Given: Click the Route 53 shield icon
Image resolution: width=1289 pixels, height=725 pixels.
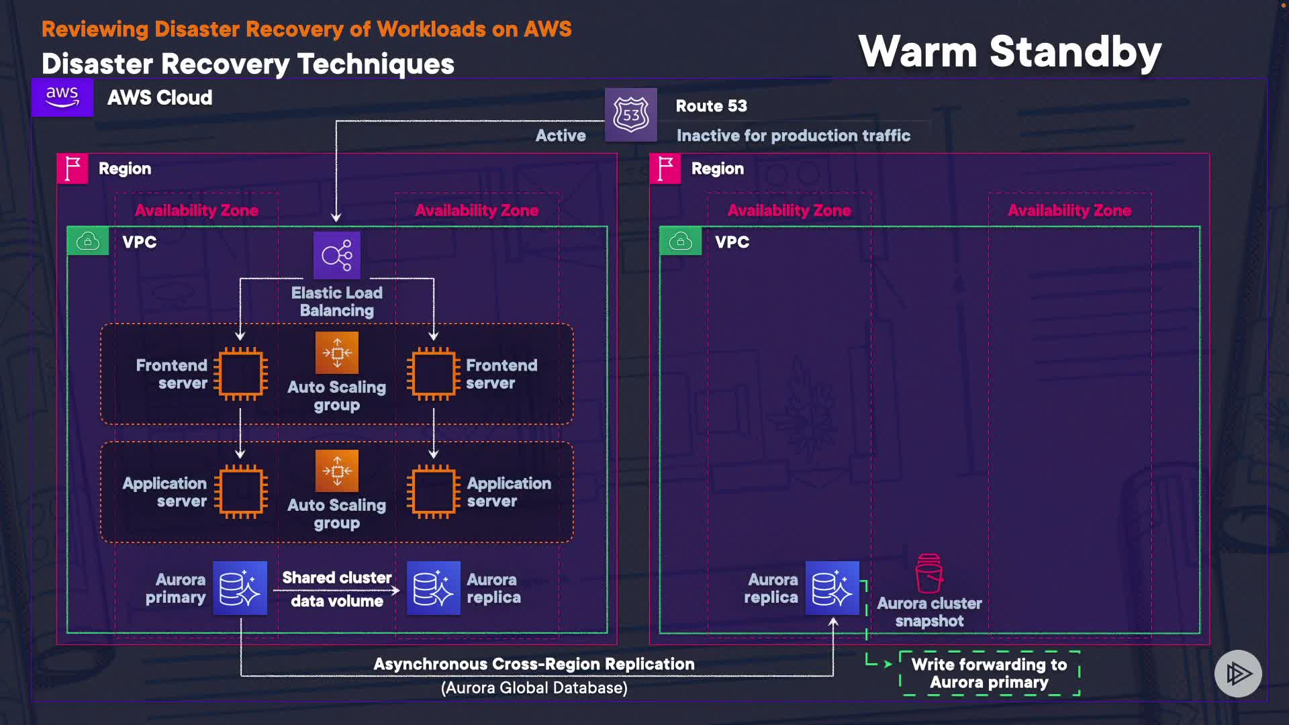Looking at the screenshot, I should pyautogui.click(x=630, y=115).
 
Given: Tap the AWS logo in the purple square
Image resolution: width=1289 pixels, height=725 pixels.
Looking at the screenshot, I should pyautogui.click(x=62, y=97).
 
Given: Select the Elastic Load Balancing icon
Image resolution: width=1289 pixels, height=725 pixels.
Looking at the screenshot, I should pyautogui.click(x=337, y=255).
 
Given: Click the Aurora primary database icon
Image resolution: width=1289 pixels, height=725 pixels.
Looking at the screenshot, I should pyautogui.click(x=240, y=588).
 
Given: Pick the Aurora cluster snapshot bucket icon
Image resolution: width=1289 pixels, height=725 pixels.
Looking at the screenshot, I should pyautogui.click(x=929, y=574).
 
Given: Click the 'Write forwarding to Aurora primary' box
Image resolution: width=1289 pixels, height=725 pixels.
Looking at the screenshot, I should pyautogui.click(x=989, y=673).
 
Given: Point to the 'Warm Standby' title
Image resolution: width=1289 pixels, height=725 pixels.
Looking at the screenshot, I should pyautogui.click(x=1010, y=52).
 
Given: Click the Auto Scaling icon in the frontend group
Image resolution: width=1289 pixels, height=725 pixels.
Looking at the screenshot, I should pyautogui.click(x=337, y=352).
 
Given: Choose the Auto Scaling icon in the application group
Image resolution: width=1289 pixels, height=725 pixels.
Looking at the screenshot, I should pyautogui.click(x=337, y=471).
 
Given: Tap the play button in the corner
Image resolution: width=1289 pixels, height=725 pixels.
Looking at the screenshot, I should pyautogui.click(x=1238, y=673).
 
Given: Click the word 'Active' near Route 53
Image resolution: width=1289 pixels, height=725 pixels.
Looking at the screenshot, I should pyautogui.click(x=561, y=136).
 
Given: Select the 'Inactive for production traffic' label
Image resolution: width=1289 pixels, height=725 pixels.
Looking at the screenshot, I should pyautogui.click(x=794, y=136).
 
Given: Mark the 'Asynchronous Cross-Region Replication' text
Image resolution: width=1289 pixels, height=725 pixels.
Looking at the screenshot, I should pyautogui.click(x=534, y=664).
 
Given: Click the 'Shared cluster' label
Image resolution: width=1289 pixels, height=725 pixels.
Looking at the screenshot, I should pyautogui.click(x=337, y=578).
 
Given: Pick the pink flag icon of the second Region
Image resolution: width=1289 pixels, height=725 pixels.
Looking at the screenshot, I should pyautogui.click(x=665, y=168).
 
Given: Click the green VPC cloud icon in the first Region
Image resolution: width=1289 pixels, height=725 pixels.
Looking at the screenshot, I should pyautogui.click(x=88, y=241).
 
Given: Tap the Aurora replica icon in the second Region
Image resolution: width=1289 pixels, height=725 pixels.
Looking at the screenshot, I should pyautogui.click(x=832, y=588).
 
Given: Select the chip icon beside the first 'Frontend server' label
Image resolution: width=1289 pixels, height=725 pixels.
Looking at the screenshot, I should pyautogui.click(x=240, y=374).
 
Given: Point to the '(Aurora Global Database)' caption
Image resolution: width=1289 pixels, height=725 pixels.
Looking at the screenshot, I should pyautogui.click(x=534, y=688).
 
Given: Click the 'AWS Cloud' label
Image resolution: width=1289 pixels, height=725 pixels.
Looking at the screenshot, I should pyautogui.click(x=160, y=98).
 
